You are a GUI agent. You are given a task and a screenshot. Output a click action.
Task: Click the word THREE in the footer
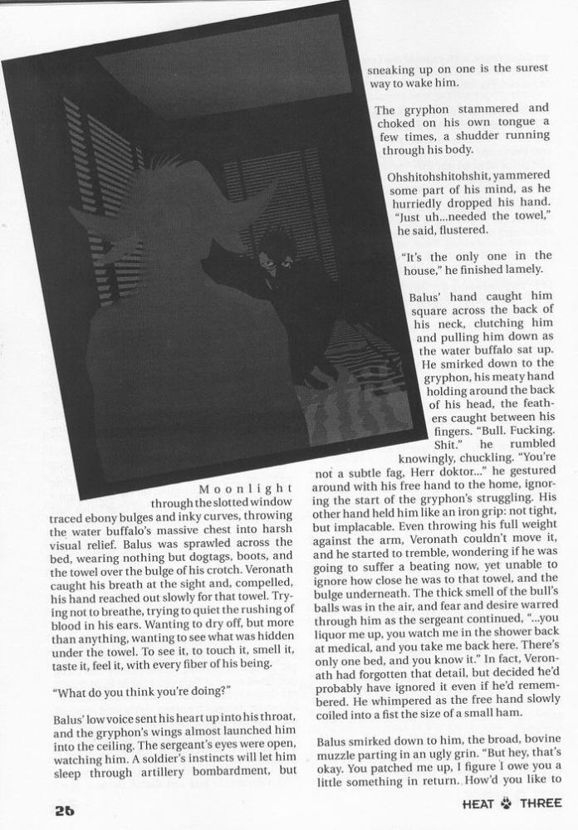tap(540, 803)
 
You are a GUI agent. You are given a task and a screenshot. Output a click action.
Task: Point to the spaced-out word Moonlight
tap(246, 488)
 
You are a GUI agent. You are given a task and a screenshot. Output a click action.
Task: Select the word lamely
tap(519, 270)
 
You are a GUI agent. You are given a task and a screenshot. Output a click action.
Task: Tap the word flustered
tap(453, 230)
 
